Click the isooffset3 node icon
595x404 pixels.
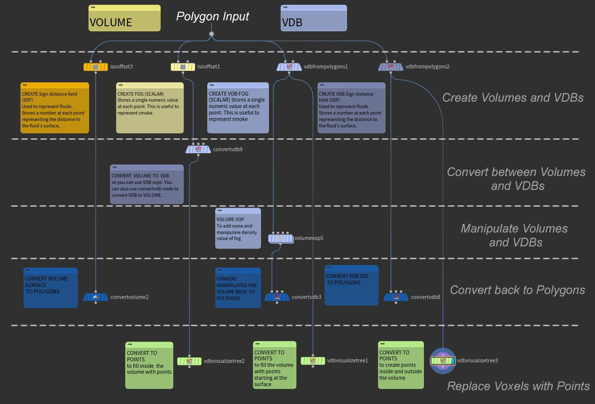[x=95, y=67]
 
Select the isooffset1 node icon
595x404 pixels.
[x=183, y=67]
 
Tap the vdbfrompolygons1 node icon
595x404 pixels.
[x=289, y=67]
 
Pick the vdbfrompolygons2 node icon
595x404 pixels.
[x=391, y=67]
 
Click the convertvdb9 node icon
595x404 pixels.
[x=198, y=149]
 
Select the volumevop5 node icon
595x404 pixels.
[x=281, y=238]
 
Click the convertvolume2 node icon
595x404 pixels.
[x=96, y=297]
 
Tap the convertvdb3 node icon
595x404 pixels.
[x=277, y=297]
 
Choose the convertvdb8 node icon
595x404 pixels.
[x=396, y=297]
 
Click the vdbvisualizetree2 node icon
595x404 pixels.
[x=189, y=361]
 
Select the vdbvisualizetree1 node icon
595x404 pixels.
[x=313, y=361]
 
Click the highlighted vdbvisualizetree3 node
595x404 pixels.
[x=443, y=361]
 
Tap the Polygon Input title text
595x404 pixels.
[x=212, y=16]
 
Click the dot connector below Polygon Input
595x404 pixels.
[x=212, y=34]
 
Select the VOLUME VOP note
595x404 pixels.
[x=238, y=228]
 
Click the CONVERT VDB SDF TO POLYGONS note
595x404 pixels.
[x=352, y=285]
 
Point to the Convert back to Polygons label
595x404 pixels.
[x=517, y=290]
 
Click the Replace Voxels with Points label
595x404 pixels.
[x=518, y=386]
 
